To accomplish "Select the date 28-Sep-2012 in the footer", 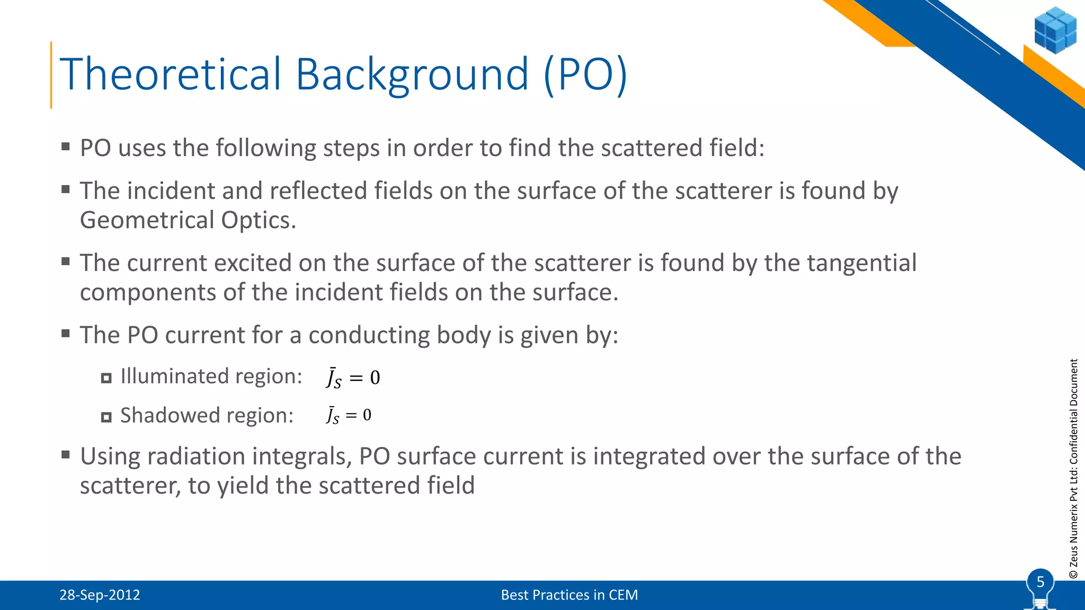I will click(x=100, y=595).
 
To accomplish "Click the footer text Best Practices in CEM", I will click(x=569, y=595).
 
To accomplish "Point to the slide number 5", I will click(x=1040, y=582).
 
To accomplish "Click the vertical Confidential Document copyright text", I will click(x=1073, y=468).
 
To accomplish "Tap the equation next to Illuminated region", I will click(x=353, y=378).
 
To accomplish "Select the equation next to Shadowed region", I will click(x=349, y=416).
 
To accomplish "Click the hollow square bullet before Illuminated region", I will click(x=106, y=378).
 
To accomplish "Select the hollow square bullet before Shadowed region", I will click(x=106, y=417).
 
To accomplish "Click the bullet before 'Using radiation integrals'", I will click(x=66, y=454).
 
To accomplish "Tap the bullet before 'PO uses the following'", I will click(x=66, y=146).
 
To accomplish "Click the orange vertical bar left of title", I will click(x=51, y=75).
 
